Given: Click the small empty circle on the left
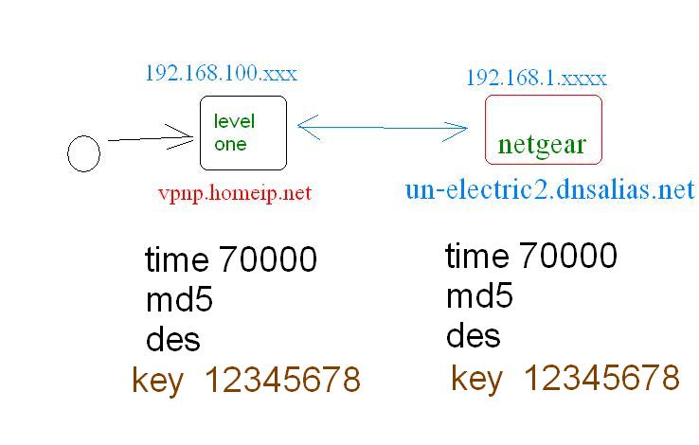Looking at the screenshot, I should coord(84,153).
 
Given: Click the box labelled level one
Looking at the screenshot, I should coord(243,133).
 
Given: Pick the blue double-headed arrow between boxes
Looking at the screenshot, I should coord(383,127).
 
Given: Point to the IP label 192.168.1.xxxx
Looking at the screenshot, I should coord(536,78).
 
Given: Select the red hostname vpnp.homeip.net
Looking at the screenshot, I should coord(235,193).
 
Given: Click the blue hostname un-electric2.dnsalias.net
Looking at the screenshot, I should coord(549,189).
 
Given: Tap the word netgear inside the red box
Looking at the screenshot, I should coord(543,145).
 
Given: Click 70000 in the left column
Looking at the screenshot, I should coord(268,259).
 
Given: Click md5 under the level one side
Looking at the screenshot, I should coord(179,300).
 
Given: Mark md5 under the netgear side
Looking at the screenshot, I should coord(479,296).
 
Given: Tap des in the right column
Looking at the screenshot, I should coord(473,336).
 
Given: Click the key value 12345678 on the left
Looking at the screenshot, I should coord(282,381).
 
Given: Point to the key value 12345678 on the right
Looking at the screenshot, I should coord(600,378).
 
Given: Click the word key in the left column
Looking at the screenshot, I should coord(156,382).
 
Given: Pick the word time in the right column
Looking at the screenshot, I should coord(476,256).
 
